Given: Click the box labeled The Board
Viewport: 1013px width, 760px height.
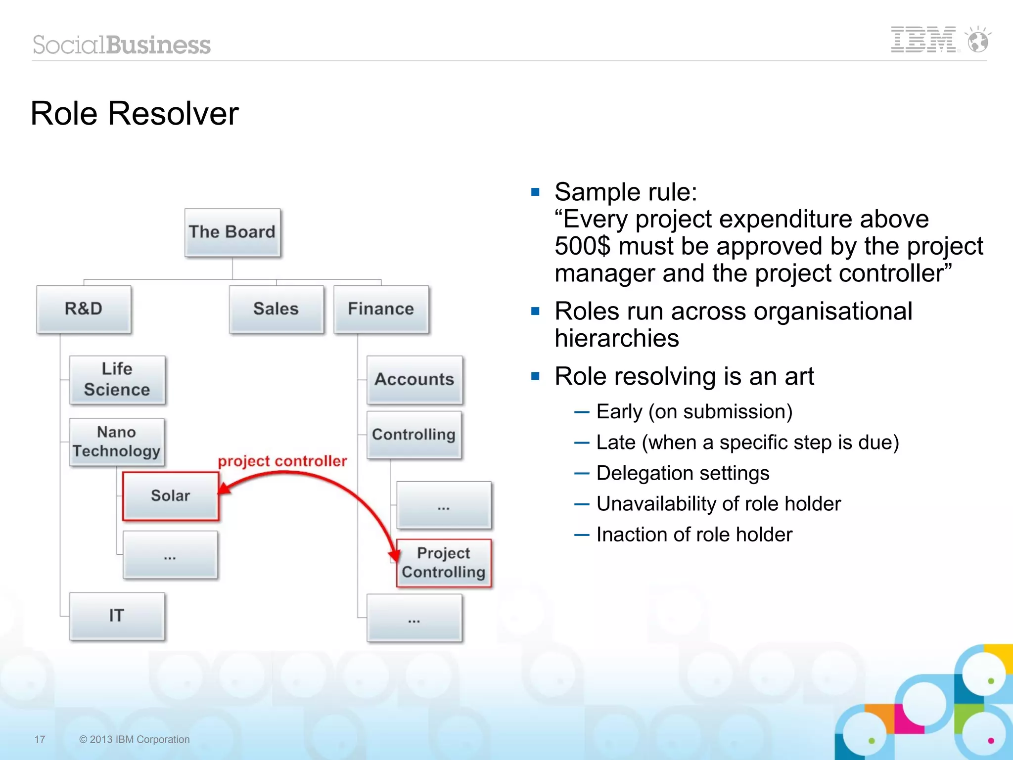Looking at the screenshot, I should tap(232, 232).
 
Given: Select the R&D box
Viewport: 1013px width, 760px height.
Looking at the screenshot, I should tap(84, 309).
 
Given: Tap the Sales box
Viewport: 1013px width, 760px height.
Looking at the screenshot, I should tap(276, 309).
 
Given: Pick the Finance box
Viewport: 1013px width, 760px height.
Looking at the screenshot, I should tap(381, 309).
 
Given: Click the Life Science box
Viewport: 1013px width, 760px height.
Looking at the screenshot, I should tap(117, 380).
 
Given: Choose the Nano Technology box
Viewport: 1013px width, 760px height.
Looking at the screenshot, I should tap(117, 442).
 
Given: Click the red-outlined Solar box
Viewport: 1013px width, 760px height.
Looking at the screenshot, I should tap(171, 495).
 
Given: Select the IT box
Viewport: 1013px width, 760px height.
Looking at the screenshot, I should tap(117, 616).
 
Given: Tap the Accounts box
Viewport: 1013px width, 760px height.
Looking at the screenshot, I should tap(414, 380).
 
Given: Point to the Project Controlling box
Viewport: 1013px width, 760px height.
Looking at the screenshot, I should tap(444, 563).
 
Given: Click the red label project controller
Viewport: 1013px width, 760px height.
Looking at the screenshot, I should tap(282, 461).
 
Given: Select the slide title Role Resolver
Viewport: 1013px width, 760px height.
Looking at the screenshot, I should tap(135, 114).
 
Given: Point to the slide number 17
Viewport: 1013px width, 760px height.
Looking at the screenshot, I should tap(40, 739).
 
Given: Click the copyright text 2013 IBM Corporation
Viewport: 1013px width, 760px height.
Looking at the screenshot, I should tap(135, 739).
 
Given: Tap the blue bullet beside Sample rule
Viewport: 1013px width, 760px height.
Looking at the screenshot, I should tap(535, 192).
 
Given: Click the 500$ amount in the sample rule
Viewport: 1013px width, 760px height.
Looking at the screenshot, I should tap(583, 246).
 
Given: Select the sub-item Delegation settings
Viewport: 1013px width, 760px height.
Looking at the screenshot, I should tap(683, 473).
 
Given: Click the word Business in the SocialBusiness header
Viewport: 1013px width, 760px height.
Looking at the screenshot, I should tap(158, 45).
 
